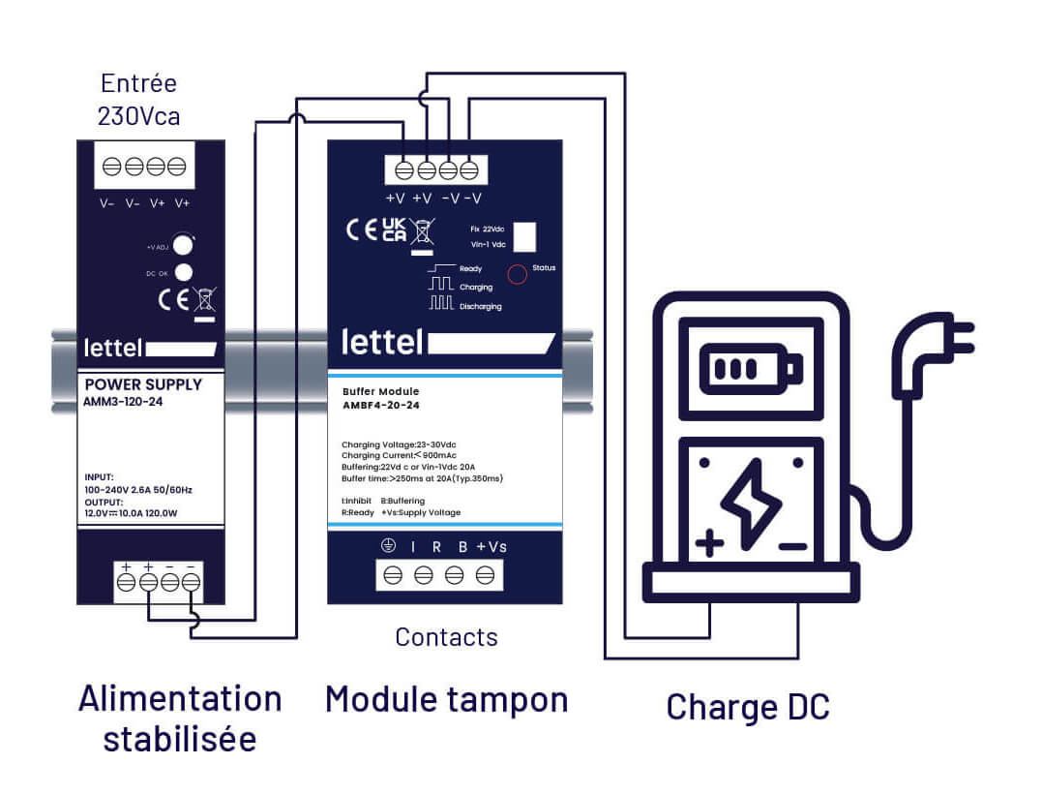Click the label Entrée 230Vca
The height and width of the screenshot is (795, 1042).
(x=138, y=100)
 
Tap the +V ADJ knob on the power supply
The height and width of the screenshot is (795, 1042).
(x=181, y=246)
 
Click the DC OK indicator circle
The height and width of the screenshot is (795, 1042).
(x=181, y=273)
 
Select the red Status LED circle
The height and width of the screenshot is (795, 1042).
(x=518, y=274)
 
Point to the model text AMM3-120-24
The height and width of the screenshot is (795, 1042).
(x=124, y=401)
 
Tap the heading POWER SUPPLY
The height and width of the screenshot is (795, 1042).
(x=144, y=384)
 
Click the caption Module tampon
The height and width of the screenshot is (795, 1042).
(x=446, y=698)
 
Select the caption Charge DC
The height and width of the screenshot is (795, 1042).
(x=748, y=707)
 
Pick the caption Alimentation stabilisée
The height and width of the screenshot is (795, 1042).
(x=179, y=718)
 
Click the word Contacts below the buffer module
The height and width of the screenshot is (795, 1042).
(x=446, y=637)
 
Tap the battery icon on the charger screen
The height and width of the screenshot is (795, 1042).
(x=751, y=368)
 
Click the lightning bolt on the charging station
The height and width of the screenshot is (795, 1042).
(x=751, y=499)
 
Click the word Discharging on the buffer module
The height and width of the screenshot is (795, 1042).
(x=481, y=306)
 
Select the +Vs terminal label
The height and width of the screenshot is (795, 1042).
(x=491, y=547)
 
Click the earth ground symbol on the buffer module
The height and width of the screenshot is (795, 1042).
(x=388, y=547)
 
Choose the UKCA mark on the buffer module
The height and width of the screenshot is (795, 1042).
(x=394, y=229)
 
